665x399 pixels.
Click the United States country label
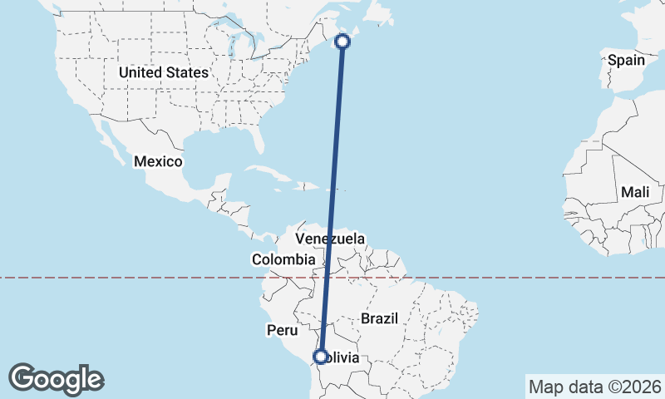[x=163, y=72]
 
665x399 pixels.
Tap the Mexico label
[x=158, y=160]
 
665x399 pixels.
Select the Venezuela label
[x=330, y=239]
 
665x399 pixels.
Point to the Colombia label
[x=283, y=260]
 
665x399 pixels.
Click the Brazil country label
[x=381, y=318]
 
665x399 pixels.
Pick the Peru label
[x=282, y=330]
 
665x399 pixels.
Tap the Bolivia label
[x=342, y=358]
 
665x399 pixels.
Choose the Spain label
[x=626, y=60]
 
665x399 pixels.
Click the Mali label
[x=634, y=192]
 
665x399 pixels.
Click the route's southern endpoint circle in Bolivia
[x=320, y=357]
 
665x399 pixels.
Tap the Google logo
[x=56, y=379]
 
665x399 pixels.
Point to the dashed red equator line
[x=125, y=278]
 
